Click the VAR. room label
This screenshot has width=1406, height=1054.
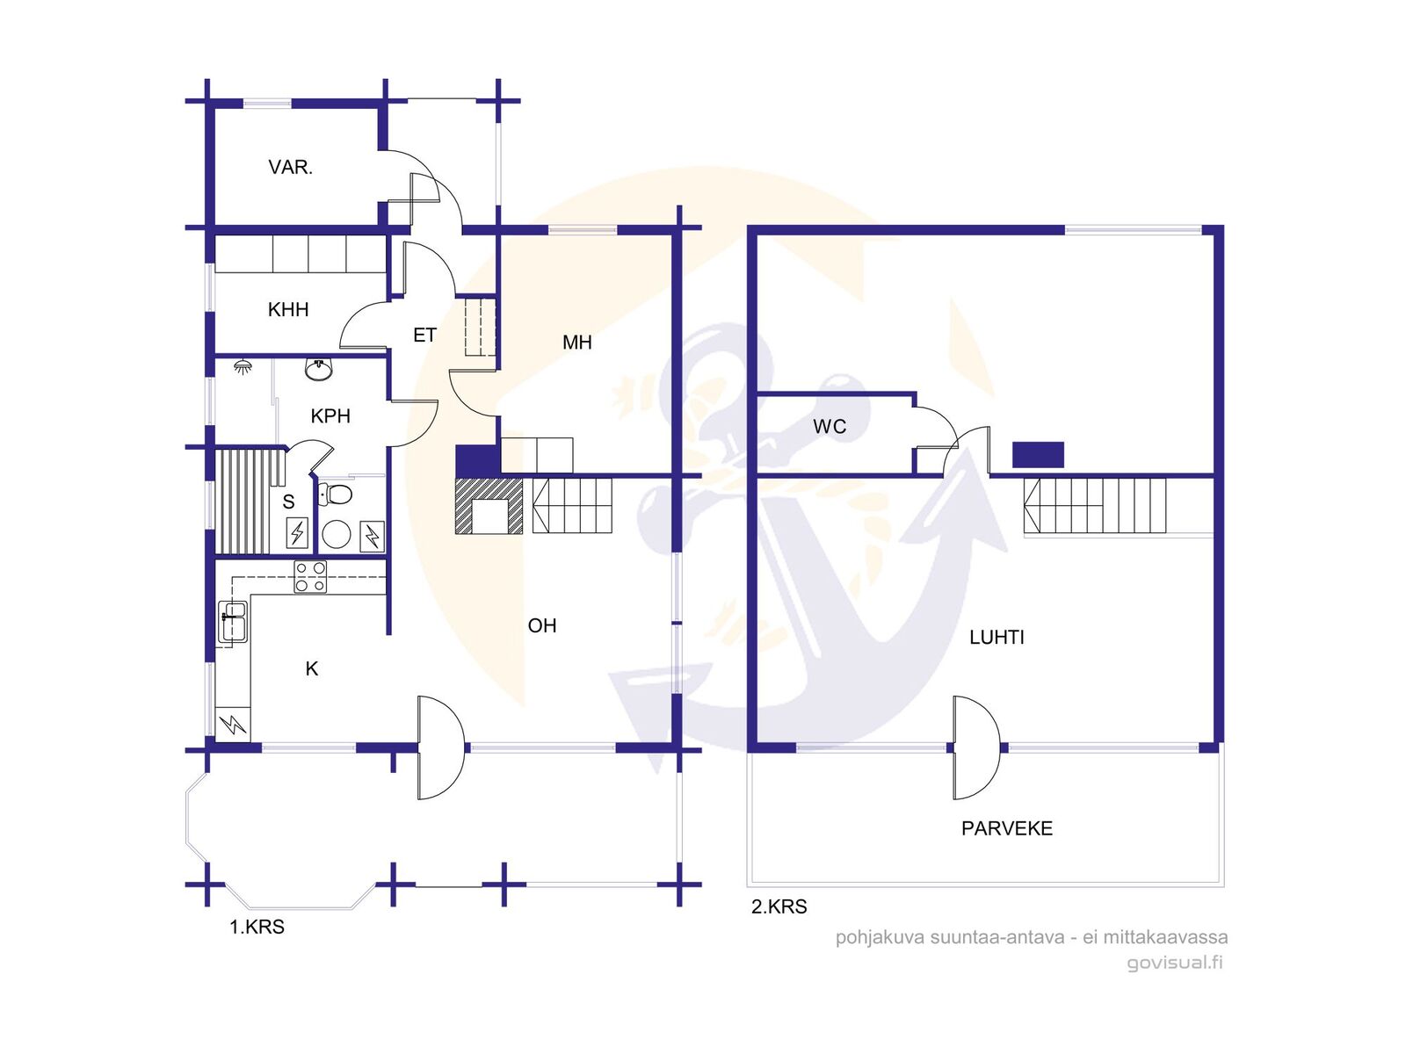[290, 168]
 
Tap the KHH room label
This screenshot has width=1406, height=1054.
[288, 310]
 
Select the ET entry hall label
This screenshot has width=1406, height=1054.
[424, 335]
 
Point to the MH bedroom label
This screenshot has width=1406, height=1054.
[576, 343]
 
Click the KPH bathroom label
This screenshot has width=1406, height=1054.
[330, 416]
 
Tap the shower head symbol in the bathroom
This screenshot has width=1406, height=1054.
[243, 366]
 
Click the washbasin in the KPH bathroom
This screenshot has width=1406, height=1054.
[319, 369]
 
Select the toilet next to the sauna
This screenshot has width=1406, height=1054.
[335, 494]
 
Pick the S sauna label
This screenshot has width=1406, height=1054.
[288, 502]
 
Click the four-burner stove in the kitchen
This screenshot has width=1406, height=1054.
[310, 576]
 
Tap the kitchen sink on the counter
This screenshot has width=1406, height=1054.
[233, 621]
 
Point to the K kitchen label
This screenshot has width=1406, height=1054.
[312, 668]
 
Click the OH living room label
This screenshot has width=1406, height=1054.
[542, 625]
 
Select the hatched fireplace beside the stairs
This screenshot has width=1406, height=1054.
[489, 506]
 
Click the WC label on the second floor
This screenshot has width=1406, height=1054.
[830, 426]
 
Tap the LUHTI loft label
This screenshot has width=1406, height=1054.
[997, 637]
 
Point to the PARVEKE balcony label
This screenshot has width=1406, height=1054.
[1007, 828]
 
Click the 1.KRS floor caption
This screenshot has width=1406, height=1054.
[257, 927]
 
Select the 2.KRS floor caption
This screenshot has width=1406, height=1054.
[779, 906]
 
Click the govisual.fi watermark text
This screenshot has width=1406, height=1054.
[1175, 963]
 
